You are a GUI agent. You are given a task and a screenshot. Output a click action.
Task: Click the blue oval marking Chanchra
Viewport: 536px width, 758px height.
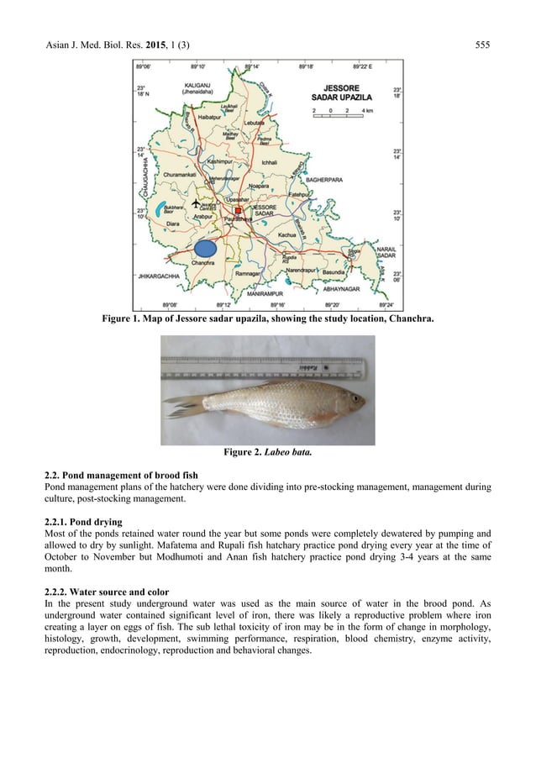coord(205,248)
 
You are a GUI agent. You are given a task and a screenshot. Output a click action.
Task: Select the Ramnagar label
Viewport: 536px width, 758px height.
coord(250,275)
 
